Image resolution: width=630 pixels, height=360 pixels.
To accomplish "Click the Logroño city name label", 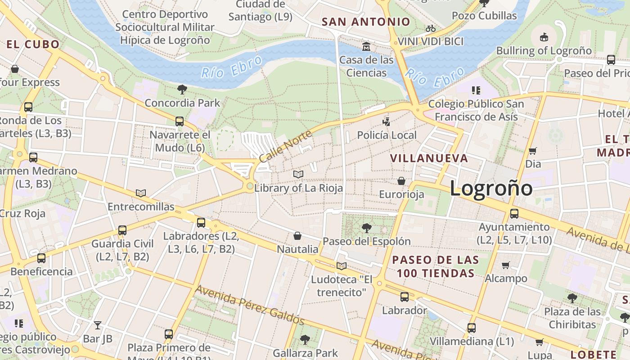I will (491, 188).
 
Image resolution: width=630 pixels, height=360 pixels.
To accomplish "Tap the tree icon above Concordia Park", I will (182, 90).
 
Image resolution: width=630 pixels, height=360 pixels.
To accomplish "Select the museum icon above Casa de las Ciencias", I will (366, 46).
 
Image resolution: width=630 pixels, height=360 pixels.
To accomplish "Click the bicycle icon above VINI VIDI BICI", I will (431, 28).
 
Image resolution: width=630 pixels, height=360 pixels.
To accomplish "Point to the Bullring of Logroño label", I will (544, 50).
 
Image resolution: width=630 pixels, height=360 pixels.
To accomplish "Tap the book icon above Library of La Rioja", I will (298, 174).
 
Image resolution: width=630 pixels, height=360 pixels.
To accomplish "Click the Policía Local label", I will (387, 135).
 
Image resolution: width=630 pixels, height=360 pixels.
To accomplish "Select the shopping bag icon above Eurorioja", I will (401, 181).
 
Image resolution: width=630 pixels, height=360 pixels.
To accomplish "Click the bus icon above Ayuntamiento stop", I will (514, 213).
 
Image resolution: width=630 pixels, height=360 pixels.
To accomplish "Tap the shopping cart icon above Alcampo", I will (506, 265).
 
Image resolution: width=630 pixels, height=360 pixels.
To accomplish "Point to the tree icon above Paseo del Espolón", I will (367, 228).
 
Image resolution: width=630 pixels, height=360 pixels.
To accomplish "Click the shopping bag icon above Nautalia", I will (297, 236).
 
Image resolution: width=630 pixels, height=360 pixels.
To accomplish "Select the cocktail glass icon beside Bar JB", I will (98, 325).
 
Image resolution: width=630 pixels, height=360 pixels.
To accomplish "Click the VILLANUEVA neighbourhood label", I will (429, 158).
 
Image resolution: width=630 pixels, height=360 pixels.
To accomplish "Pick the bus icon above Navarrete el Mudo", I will (180, 121).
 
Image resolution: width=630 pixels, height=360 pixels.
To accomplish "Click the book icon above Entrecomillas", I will (141, 193).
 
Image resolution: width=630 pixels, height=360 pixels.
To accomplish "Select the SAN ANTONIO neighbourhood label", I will (366, 22).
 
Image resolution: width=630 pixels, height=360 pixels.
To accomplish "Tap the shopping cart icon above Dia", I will (533, 151).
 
